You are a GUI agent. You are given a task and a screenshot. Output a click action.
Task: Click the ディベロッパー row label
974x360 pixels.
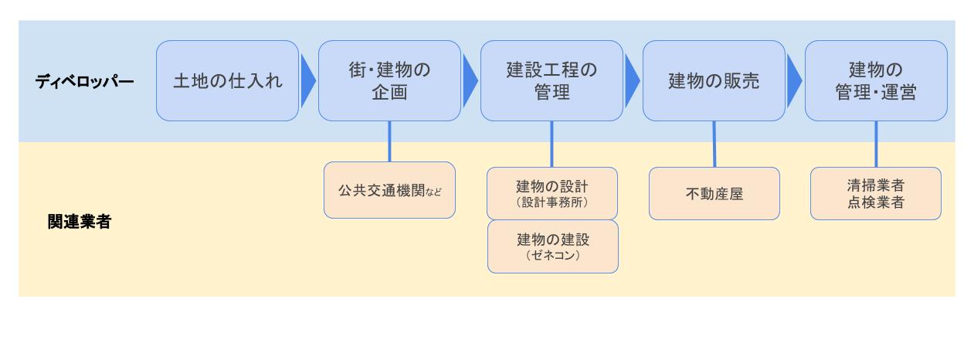[x=84, y=82]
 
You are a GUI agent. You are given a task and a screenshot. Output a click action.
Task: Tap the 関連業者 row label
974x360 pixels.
[x=80, y=222]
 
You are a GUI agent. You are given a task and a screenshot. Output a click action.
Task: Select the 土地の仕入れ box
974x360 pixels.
[x=227, y=81]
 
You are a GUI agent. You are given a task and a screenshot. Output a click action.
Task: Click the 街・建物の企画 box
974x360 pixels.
[x=389, y=81]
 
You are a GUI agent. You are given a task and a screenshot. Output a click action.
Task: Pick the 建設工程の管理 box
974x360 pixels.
[x=551, y=81]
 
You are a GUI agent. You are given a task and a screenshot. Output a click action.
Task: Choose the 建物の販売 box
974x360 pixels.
[x=714, y=81]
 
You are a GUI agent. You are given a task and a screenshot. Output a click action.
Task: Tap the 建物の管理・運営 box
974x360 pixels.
[x=876, y=81]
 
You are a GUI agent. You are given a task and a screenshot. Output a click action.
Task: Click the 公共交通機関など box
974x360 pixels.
[x=389, y=190]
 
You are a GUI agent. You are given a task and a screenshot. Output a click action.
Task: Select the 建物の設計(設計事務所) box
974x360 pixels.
[x=552, y=193]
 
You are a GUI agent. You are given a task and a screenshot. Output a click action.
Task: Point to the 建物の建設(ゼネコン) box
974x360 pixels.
[x=553, y=246]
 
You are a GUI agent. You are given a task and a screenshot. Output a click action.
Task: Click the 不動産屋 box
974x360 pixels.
[x=714, y=193]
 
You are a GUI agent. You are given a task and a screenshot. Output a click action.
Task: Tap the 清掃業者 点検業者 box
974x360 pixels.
[x=876, y=193]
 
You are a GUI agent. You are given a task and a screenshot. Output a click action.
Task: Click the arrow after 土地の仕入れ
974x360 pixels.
[x=308, y=81]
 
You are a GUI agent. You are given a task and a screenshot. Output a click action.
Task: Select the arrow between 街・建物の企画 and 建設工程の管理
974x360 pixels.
[x=470, y=81]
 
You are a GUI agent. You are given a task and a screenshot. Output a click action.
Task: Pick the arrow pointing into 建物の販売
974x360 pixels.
[x=633, y=81]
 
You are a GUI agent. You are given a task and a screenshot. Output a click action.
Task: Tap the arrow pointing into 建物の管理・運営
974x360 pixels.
[x=795, y=81]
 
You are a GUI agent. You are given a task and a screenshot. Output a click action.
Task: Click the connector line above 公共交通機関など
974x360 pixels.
[x=389, y=141]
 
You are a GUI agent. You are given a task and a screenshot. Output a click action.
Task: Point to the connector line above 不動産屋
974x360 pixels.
[x=714, y=144]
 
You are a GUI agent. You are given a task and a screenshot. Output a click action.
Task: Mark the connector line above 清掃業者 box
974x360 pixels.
[x=876, y=144]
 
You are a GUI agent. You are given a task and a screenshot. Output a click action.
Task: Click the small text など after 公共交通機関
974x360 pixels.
[x=433, y=192]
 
